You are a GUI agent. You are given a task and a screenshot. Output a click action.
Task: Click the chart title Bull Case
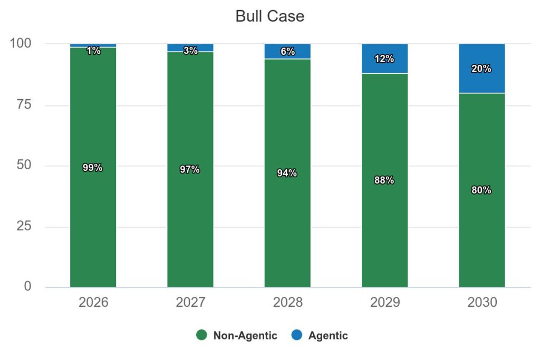click(x=269, y=16)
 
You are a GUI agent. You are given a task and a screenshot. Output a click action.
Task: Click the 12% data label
click(x=384, y=59)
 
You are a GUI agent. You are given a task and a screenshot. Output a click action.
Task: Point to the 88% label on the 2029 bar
click(x=384, y=180)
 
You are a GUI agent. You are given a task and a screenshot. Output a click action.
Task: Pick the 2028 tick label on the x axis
click(x=287, y=303)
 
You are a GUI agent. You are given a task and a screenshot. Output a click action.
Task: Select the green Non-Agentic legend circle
click(x=201, y=335)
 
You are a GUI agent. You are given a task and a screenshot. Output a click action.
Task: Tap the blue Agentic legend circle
click(x=297, y=335)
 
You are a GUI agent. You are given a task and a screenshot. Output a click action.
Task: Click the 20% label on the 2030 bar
click(x=481, y=69)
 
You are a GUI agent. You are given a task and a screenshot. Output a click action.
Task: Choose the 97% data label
click(x=190, y=170)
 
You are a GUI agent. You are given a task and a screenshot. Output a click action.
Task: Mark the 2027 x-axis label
click(x=190, y=303)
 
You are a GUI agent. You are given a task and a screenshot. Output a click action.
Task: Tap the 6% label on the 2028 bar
click(x=287, y=52)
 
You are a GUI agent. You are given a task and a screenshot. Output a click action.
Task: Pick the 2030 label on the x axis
click(x=481, y=303)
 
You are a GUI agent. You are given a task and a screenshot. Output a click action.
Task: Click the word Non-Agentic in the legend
click(x=245, y=336)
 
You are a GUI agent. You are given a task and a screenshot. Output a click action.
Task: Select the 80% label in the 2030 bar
click(x=481, y=190)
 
